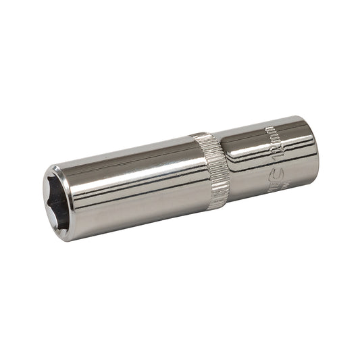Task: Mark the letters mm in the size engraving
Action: [x=268, y=134]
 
